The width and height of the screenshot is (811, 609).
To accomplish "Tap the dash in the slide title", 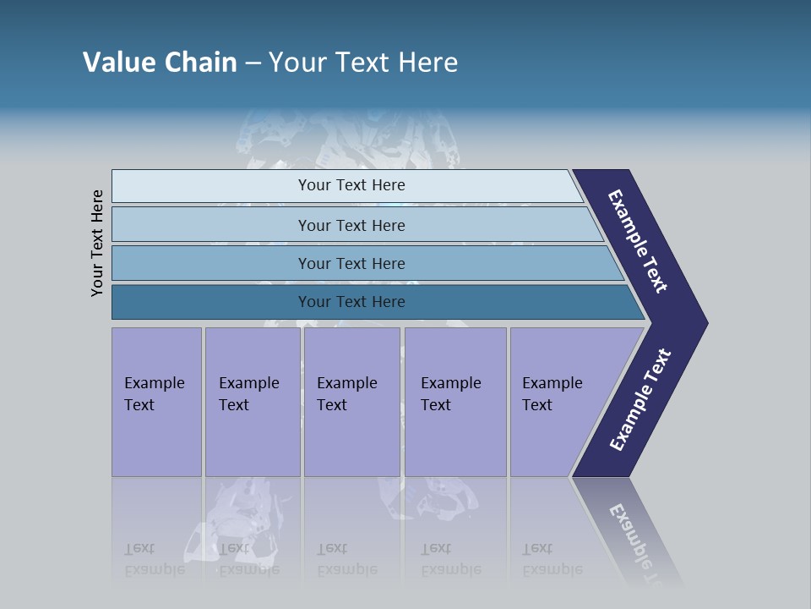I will coord(253,63).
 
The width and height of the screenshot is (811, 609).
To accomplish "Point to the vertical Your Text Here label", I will coord(97,243).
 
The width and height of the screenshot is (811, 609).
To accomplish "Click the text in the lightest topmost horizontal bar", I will coord(351,185).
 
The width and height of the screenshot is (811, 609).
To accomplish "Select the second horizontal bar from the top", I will coord(351,225).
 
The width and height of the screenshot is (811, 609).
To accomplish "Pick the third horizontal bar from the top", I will coord(351,263).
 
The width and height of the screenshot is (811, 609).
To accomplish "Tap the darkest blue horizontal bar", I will coord(351,302).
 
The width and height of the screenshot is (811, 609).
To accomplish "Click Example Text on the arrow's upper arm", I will coord(638,241).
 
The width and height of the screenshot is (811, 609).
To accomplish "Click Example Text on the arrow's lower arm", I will coord(640,400).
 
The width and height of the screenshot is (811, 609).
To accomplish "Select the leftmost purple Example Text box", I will coord(156,402).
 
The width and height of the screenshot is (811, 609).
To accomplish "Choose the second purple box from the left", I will coord(252,402).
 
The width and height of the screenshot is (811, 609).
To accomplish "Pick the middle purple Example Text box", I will coord(351,402).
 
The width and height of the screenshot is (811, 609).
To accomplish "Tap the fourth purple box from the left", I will coord(455,402).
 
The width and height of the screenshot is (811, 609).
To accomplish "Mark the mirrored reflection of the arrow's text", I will coord(636,537).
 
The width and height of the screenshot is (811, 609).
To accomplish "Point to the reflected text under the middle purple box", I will coord(346,559).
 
